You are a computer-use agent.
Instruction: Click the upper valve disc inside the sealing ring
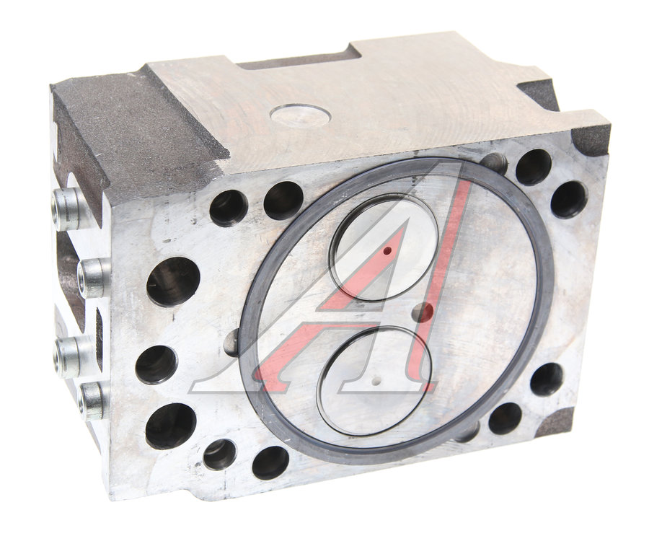(x=383, y=247)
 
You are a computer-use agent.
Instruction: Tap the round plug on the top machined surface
(x=300, y=115)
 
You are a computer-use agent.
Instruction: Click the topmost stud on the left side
(x=67, y=208)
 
